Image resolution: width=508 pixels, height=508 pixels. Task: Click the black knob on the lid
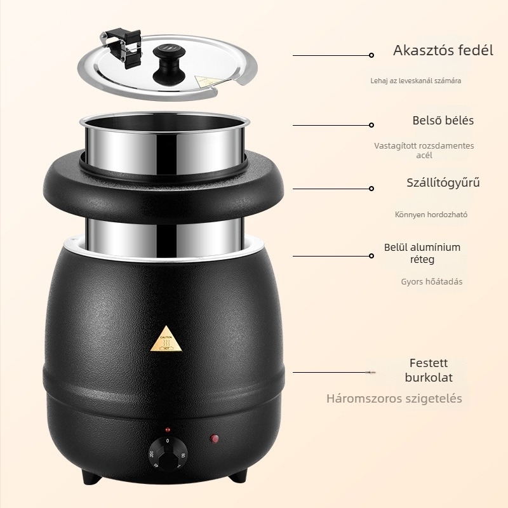pos(169,64)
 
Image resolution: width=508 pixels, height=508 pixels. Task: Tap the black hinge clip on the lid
pos(121,47)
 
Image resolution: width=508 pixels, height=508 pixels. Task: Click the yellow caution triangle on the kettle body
pos(166,339)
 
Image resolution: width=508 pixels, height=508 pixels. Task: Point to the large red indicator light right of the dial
pos(214,439)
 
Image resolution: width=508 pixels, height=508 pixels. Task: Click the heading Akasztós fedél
pos(443,51)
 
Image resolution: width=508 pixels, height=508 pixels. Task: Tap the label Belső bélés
pos(443,121)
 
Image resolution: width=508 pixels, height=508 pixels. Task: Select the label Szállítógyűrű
pos(443,183)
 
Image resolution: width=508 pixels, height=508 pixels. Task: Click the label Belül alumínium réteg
pos(422,253)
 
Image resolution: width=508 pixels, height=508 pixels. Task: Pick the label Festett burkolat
pos(429,370)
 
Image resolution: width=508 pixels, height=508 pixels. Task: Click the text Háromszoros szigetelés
pos(394,399)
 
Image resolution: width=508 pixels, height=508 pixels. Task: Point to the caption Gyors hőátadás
pos(432,281)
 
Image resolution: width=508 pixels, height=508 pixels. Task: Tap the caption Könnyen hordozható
pos(431,215)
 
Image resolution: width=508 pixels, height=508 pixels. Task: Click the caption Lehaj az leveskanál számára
pos(416,81)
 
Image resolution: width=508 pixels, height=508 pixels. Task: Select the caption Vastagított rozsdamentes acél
pos(424,150)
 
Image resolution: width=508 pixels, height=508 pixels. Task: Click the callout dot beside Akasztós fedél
pos(371,55)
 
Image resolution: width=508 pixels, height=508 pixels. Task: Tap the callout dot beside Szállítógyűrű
pos(371,189)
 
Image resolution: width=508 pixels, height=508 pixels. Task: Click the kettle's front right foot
pos(237,474)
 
